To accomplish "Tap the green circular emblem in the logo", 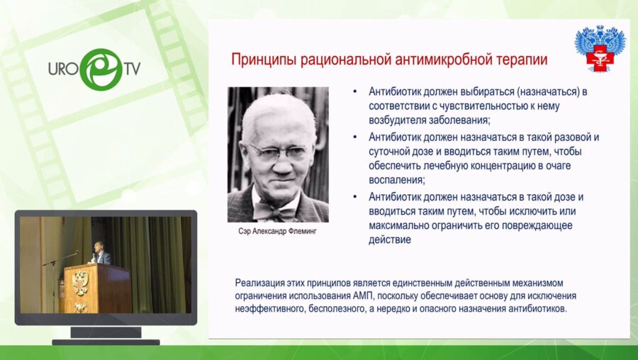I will click(99, 69).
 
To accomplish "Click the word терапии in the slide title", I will click(522, 60).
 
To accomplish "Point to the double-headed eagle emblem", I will click(600, 49).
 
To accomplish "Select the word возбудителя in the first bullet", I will click(401, 120).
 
